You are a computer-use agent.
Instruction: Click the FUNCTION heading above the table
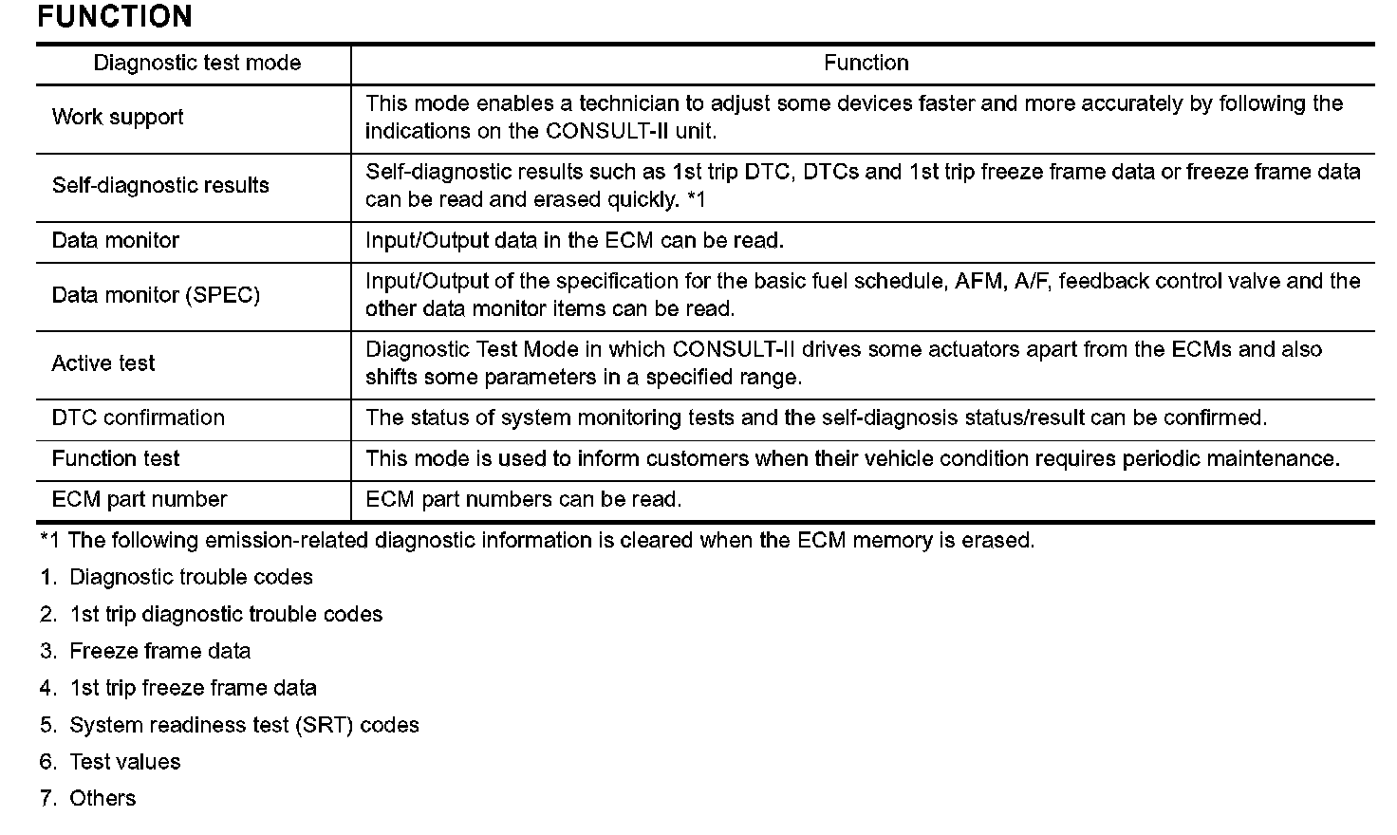(114, 16)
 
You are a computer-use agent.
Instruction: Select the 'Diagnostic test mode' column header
(196, 64)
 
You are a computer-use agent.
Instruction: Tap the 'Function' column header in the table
(866, 64)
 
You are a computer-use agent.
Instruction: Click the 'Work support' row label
(118, 118)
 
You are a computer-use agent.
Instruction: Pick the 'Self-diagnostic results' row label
(160, 186)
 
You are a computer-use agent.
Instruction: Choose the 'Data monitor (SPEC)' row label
(156, 295)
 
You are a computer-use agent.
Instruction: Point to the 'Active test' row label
(103, 363)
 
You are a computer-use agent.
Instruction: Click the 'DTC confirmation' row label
(139, 418)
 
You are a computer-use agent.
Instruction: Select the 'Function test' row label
(116, 459)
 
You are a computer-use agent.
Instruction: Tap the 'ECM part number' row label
(140, 500)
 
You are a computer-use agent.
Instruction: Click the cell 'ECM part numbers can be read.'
(523, 500)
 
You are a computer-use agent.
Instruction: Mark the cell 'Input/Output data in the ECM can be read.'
(574, 241)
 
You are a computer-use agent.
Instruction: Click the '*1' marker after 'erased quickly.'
(696, 200)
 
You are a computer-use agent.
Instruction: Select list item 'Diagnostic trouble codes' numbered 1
(191, 578)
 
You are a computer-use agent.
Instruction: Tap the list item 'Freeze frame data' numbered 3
(160, 652)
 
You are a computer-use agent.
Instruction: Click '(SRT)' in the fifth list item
(324, 726)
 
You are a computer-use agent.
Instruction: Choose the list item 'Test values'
(124, 763)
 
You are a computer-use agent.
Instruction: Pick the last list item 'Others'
(102, 799)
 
